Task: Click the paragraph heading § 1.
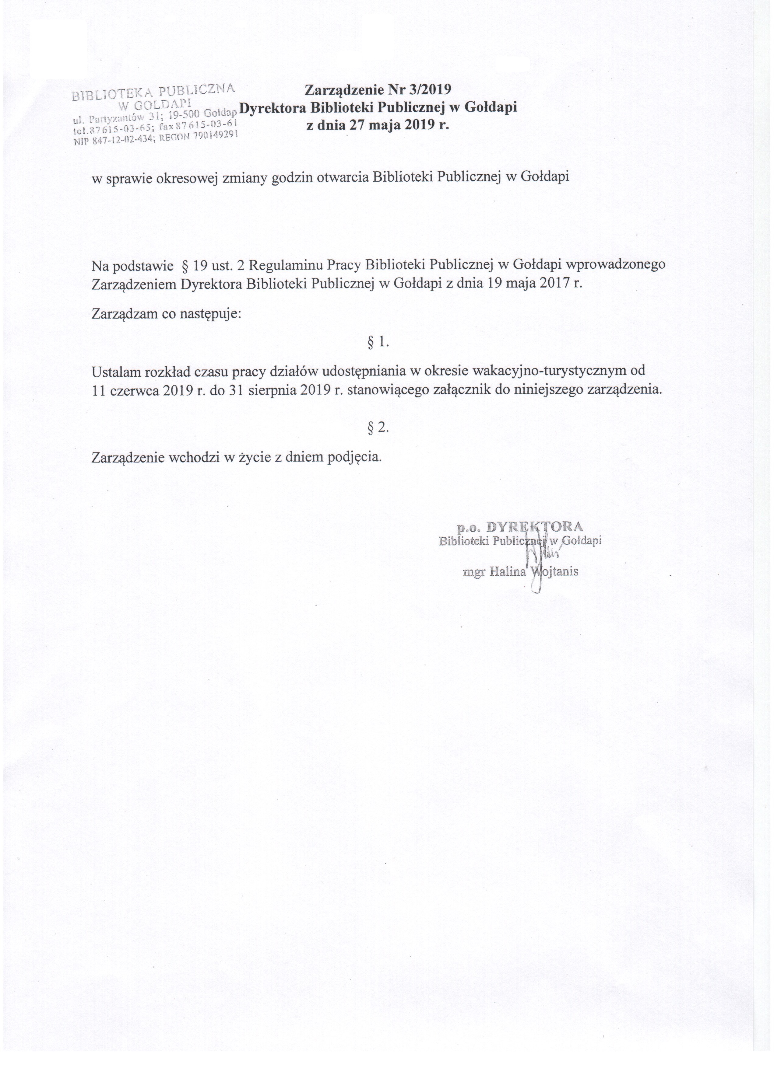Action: pos(378,343)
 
